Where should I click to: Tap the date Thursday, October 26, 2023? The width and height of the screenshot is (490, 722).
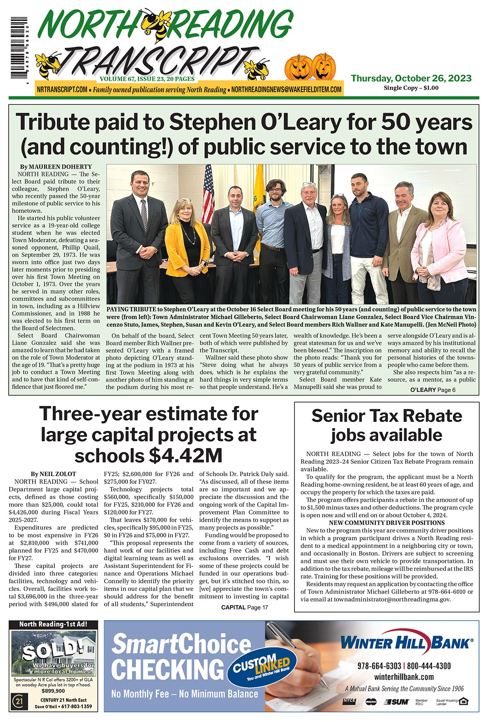[x=411, y=78]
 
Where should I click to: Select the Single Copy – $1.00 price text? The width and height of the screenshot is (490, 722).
[x=411, y=88]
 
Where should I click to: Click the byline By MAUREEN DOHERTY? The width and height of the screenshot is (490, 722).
[x=56, y=167]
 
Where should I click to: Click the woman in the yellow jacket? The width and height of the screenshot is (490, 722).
[x=187, y=241]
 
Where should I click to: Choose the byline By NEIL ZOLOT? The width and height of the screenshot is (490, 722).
[x=53, y=474]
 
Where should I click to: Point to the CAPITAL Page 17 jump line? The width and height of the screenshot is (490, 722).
[x=245, y=607]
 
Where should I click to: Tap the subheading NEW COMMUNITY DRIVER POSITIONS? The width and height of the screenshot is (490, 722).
[x=387, y=523]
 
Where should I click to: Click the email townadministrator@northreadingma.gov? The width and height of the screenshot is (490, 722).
[x=392, y=599]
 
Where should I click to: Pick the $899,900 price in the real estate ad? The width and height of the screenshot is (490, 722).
[x=53, y=691]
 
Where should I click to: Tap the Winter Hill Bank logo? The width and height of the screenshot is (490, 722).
[x=406, y=644]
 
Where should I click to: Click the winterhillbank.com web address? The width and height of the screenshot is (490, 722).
[x=404, y=677]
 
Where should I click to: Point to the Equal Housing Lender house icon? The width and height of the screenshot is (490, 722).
[x=463, y=702]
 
